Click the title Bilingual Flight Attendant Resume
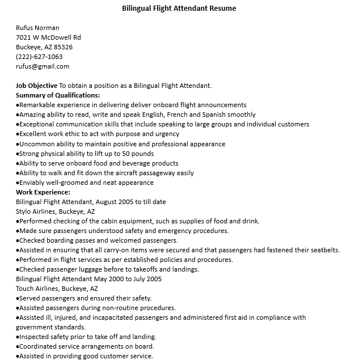(x=179, y=9)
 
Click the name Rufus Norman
(x=37, y=28)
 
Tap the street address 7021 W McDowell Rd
(x=48, y=37)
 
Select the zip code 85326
(x=63, y=47)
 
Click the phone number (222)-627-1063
(x=39, y=57)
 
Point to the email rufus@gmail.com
(x=43, y=66)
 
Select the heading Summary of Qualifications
(x=58, y=95)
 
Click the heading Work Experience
(x=43, y=192)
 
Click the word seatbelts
(x=324, y=250)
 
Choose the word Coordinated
(x=39, y=346)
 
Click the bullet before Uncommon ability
(x=18, y=144)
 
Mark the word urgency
(x=166, y=134)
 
